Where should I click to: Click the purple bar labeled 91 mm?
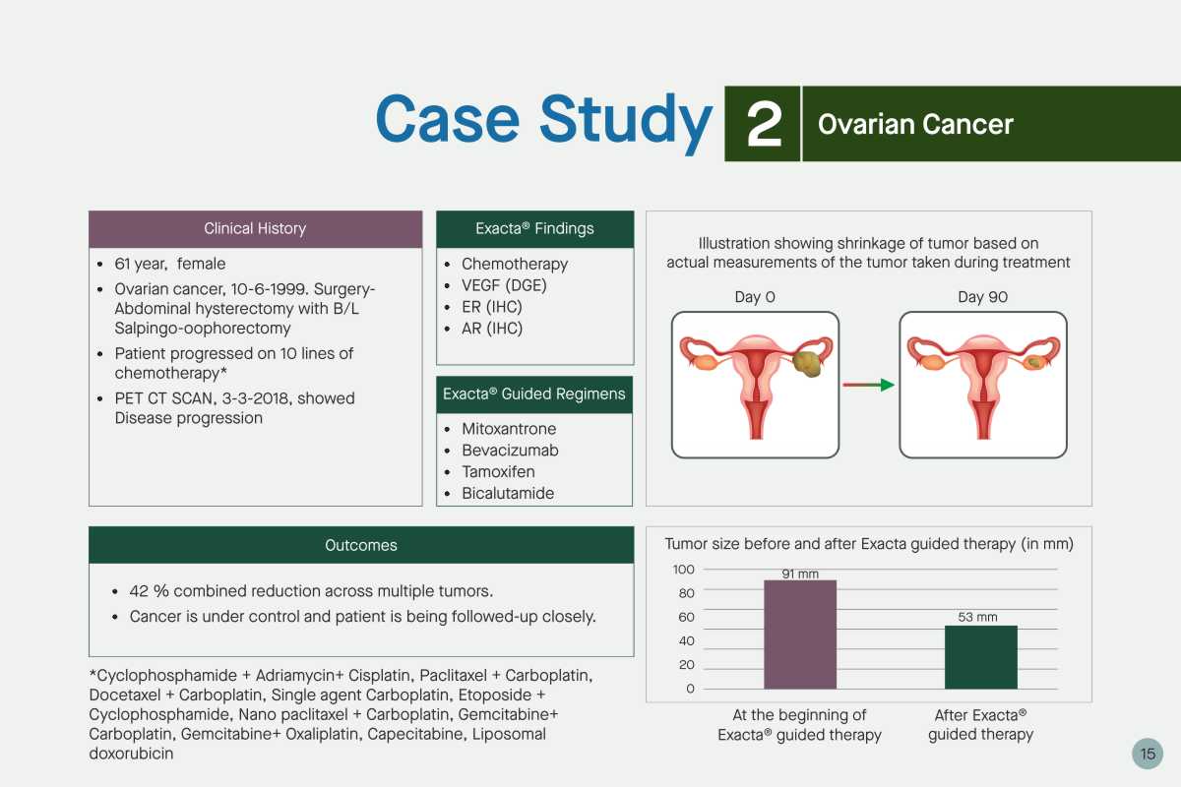tap(800, 635)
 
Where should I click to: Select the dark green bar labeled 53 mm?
tap(980, 657)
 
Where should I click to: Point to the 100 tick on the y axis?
tap(683, 570)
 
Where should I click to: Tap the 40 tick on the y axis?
tap(687, 641)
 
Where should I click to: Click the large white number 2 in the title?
tap(764, 124)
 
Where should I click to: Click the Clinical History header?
tap(255, 229)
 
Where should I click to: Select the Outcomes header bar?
tap(361, 545)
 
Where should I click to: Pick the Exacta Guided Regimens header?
tap(534, 394)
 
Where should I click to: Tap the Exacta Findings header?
tap(534, 229)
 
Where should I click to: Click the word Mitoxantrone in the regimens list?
tap(509, 429)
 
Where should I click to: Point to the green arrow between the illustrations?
tap(868, 385)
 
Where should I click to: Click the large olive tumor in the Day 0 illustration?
tap(808, 363)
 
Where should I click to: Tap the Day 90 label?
tap(983, 297)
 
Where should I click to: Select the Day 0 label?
tap(755, 297)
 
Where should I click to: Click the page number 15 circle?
tap(1148, 754)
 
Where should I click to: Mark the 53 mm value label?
tap(977, 617)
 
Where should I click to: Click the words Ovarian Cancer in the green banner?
tap(915, 124)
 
